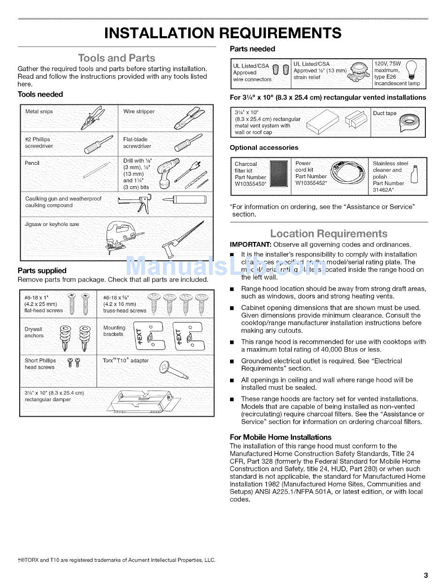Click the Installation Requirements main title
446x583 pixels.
(x=223, y=33)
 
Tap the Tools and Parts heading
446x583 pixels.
(x=116, y=58)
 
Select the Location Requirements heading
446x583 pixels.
(x=329, y=233)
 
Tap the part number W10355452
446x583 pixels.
(x=311, y=184)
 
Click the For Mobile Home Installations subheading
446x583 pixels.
(x=281, y=437)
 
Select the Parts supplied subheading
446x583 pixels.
(x=42, y=271)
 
